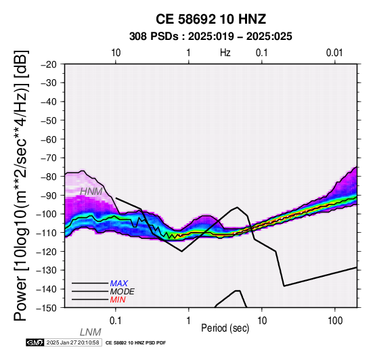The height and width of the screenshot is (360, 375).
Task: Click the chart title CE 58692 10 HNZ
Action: click(211, 19)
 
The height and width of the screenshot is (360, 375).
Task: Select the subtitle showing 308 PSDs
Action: click(211, 37)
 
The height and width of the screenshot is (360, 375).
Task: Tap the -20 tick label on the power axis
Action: click(49, 64)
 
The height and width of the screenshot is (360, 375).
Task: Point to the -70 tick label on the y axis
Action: click(49, 158)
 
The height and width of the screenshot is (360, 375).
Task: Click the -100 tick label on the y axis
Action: click(47, 215)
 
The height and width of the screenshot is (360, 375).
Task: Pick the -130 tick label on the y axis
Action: click(47, 271)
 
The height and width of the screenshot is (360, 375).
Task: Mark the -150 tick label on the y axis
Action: click(47, 308)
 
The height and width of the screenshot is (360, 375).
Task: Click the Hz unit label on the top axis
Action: click(225, 53)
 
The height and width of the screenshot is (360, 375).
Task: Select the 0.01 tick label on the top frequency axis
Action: click(334, 53)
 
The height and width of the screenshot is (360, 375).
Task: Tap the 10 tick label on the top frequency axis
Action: click(116, 53)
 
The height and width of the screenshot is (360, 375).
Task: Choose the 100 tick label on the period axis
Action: click(335, 321)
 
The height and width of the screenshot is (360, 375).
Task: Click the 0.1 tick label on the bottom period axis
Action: click(116, 321)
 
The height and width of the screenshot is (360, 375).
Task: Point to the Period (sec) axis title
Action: click(225, 328)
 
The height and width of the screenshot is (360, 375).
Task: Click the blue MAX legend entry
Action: click(119, 284)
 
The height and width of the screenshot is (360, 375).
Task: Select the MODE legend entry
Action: click(123, 292)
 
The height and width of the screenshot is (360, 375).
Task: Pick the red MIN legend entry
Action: click(118, 300)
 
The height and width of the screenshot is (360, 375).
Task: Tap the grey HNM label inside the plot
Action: click(91, 192)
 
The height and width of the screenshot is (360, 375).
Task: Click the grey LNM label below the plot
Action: click(91, 332)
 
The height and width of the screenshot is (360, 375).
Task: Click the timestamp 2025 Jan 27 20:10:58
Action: click(73, 342)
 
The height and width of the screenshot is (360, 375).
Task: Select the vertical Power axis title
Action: click(21, 185)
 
